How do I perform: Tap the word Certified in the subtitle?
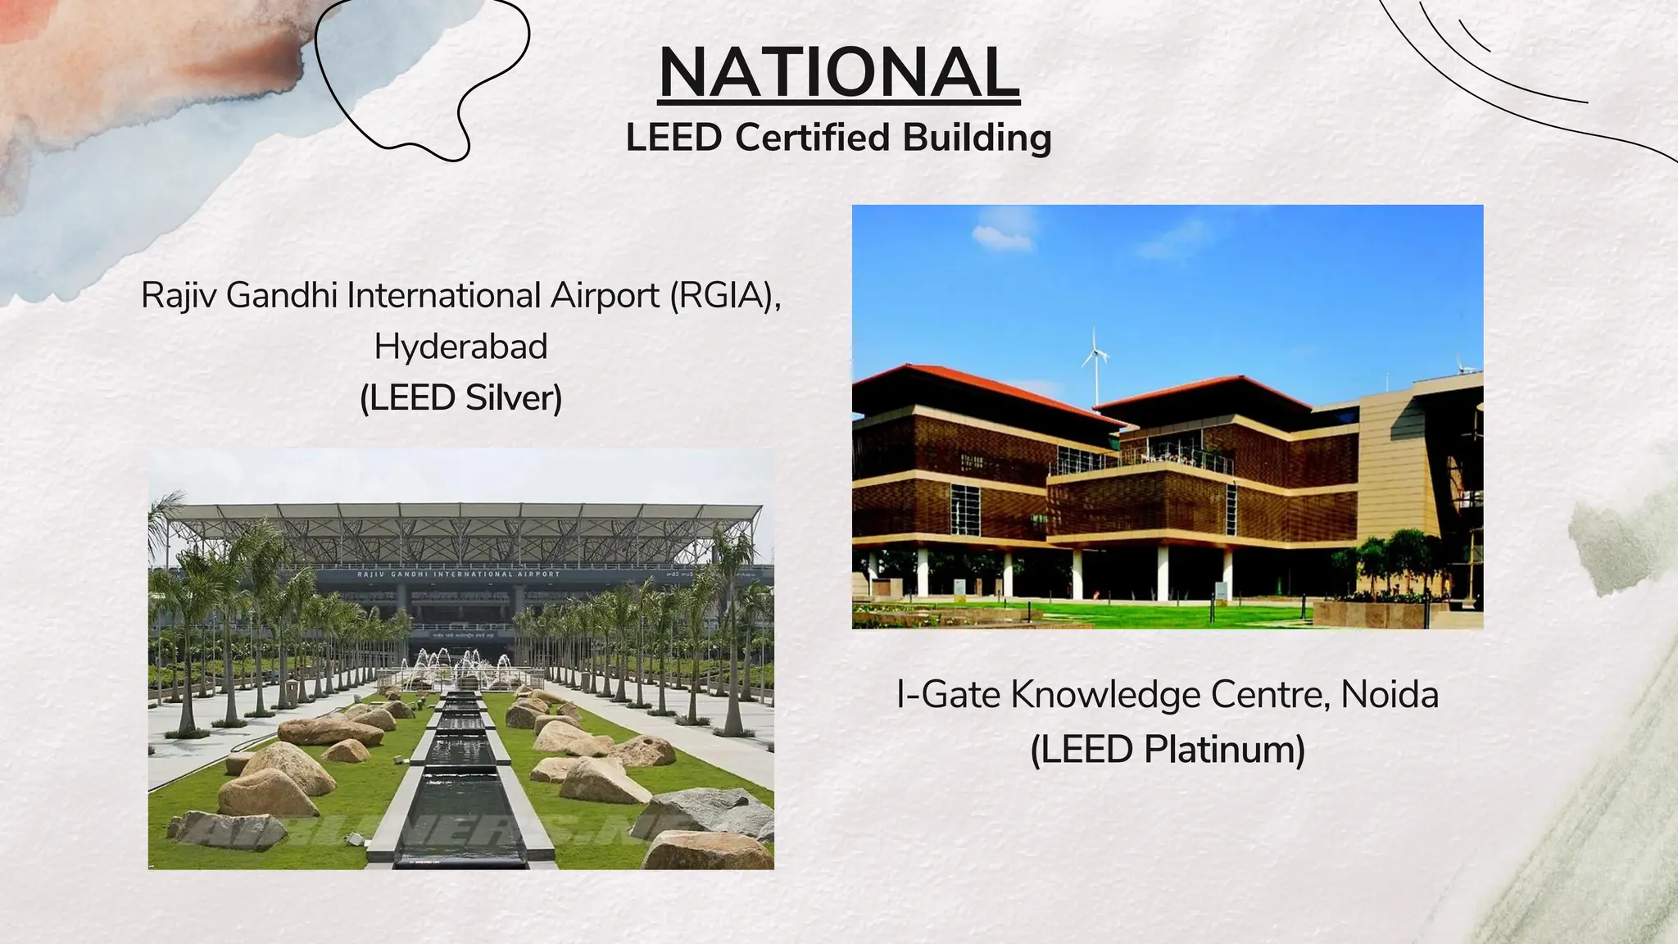[x=812, y=137]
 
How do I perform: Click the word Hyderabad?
[x=460, y=347]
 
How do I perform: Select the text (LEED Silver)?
[x=460, y=398]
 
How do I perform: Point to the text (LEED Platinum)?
[x=1167, y=749]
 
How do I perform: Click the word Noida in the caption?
[x=1390, y=695]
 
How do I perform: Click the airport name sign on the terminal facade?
[x=459, y=574]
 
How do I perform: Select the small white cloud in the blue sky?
[x=1001, y=238]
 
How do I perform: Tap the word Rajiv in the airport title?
[x=178, y=295]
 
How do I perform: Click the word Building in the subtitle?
[x=977, y=137]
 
